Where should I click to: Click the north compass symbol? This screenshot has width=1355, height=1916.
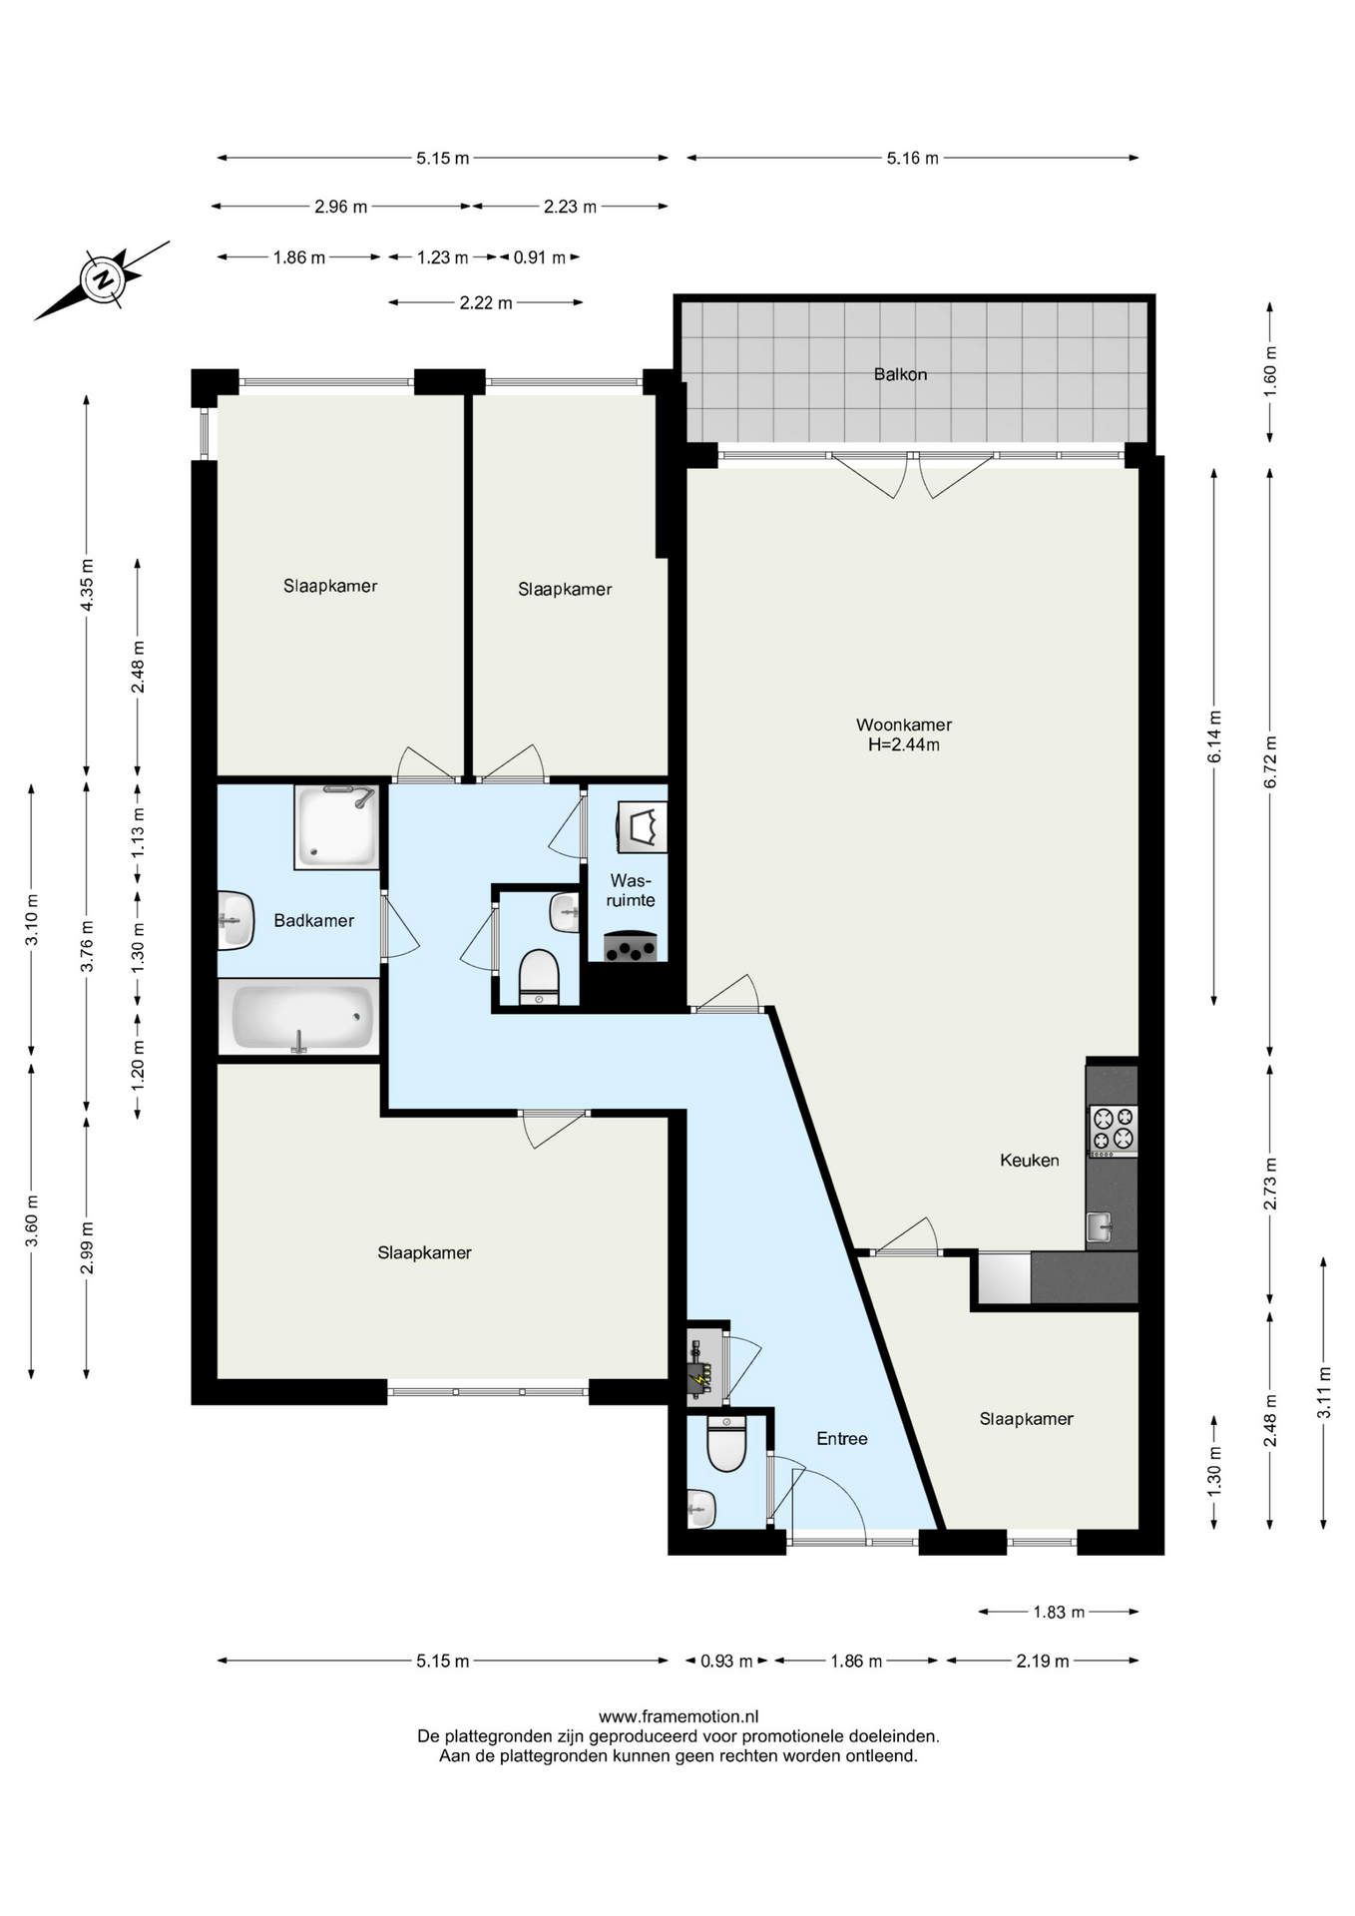(102, 279)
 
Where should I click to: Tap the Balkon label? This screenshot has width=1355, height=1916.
(900, 374)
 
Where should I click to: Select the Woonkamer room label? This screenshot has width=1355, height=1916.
(904, 724)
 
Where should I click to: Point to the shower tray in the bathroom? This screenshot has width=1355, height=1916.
(336, 826)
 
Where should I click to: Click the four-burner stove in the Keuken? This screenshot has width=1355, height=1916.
(1113, 1130)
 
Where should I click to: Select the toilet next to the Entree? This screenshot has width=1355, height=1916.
(726, 1444)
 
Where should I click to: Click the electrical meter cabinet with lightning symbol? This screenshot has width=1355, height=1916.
(704, 1366)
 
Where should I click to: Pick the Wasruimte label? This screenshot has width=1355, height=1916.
(631, 890)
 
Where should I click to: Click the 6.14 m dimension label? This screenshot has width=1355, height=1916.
(1214, 736)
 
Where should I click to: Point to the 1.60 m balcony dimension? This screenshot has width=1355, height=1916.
(1270, 371)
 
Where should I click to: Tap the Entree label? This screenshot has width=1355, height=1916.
(842, 1438)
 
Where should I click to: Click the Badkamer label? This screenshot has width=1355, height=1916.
(314, 920)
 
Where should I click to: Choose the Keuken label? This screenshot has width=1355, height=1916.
(1030, 1160)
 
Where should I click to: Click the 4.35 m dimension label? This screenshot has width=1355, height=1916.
(87, 586)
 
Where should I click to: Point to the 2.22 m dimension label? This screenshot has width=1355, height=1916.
(486, 302)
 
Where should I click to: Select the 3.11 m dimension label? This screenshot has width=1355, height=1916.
(1324, 1391)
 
